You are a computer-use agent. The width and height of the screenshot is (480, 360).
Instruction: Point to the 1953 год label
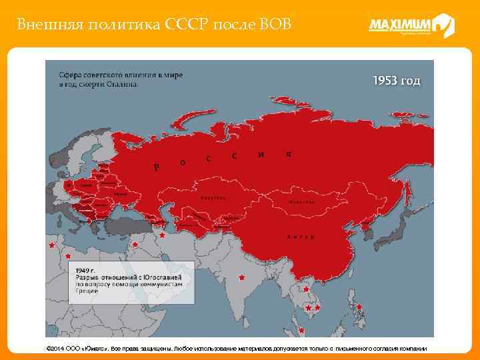[396, 81]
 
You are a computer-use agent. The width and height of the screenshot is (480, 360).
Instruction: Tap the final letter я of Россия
[288, 154]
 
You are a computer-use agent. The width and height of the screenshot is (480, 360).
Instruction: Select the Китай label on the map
[298, 237]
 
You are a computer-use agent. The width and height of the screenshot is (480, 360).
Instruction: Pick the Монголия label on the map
[301, 201]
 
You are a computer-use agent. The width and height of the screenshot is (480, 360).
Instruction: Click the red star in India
[241, 277]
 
